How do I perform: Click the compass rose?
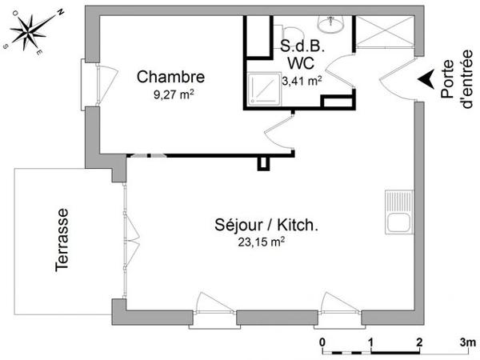click(31, 31)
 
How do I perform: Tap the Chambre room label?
click(170, 78)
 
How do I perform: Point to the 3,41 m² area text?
click(302, 80)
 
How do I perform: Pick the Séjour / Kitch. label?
click(266, 226)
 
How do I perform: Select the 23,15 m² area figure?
click(261, 242)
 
